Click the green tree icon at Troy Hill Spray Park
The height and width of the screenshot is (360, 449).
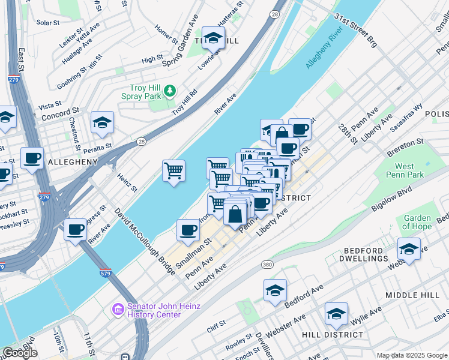[x=170, y=91]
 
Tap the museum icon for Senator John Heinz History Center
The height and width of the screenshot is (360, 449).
[x=117, y=310]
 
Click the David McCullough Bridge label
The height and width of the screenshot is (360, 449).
[x=143, y=242]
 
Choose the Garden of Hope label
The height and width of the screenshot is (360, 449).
[x=417, y=222]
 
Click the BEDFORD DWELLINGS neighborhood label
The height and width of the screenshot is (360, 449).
[x=366, y=254]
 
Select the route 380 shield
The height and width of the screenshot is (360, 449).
[x=268, y=264]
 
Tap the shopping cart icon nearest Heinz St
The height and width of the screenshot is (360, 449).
[x=173, y=170]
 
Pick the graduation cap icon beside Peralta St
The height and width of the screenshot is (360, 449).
[x=103, y=122]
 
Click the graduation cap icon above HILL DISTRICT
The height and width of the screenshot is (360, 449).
[x=336, y=314]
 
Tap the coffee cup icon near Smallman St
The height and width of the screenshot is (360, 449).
[x=188, y=230]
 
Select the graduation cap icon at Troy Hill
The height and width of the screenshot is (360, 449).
[x=212, y=38]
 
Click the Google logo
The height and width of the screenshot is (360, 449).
[x=20, y=353]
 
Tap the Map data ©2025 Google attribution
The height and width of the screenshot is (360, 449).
[x=411, y=355]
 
